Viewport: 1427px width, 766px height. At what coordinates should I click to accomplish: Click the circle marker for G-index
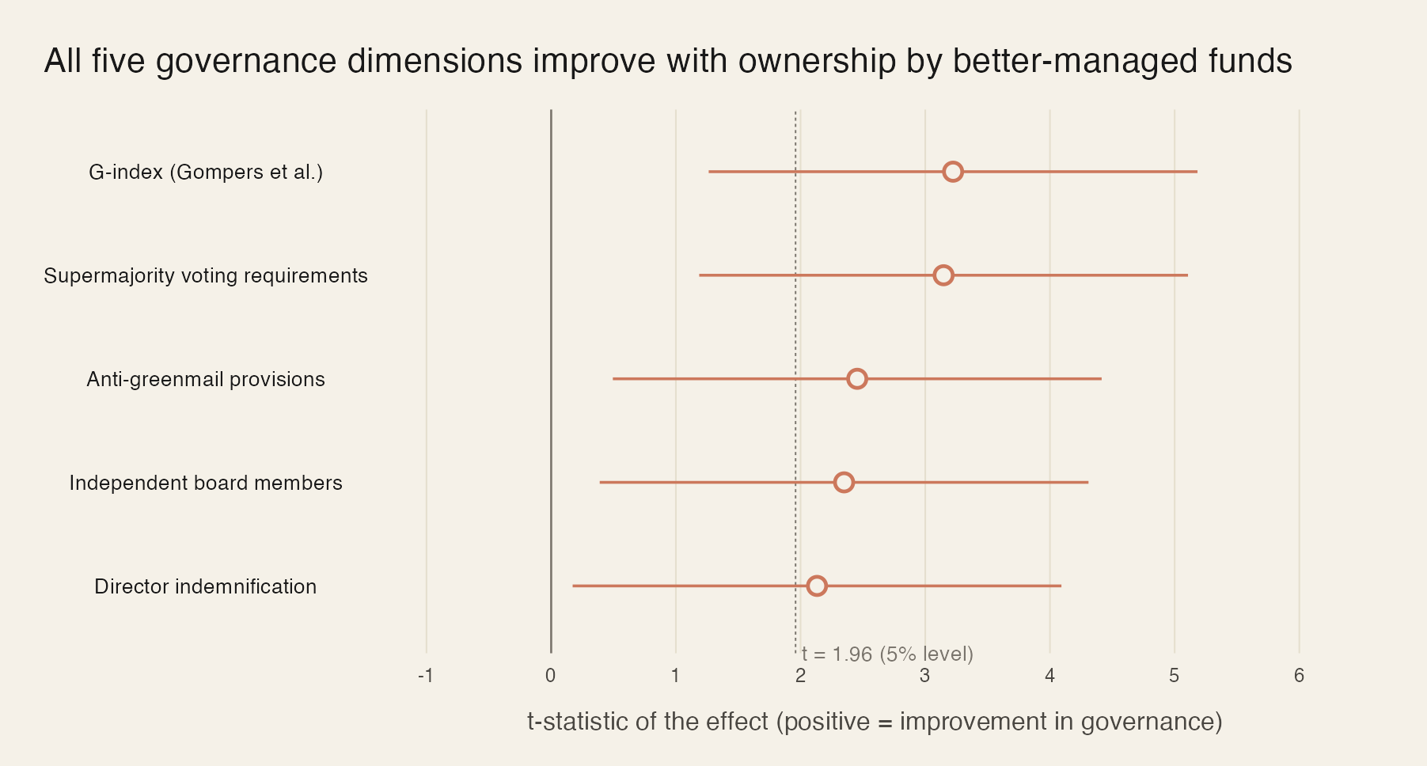coord(953,172)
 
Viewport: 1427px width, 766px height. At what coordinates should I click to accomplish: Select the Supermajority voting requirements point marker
coord(943,275)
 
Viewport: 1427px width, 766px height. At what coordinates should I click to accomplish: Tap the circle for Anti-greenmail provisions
coord(856,379)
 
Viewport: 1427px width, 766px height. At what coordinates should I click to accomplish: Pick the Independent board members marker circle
coord(844,483)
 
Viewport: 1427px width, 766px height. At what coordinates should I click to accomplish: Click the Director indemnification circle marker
coord(817,586)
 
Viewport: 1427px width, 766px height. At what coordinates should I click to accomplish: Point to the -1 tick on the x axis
coord(426,676)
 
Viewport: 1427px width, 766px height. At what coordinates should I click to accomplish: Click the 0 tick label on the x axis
coord(550,676)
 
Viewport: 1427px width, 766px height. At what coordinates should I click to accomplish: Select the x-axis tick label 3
coord(924,676)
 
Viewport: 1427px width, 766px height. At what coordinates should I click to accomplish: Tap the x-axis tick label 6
coord(1299,676)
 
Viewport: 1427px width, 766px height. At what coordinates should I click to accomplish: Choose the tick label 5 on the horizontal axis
coord(1174,676)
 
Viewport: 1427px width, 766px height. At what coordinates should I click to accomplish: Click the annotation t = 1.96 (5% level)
coord(887,654)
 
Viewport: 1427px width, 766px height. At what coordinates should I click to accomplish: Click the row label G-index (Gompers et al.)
coord(206,172)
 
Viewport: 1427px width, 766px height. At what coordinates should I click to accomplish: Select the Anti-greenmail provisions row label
coord(206,379)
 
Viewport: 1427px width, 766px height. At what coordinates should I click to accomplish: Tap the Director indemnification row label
coord(206,586)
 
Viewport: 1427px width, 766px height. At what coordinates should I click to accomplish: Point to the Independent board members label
coord(206,483)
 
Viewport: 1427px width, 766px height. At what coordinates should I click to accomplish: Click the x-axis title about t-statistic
coord(875,722)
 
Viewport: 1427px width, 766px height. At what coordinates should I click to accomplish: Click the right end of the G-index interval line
coord(1197,172)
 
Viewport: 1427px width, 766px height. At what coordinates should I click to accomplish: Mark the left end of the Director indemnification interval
coord(573,586)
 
